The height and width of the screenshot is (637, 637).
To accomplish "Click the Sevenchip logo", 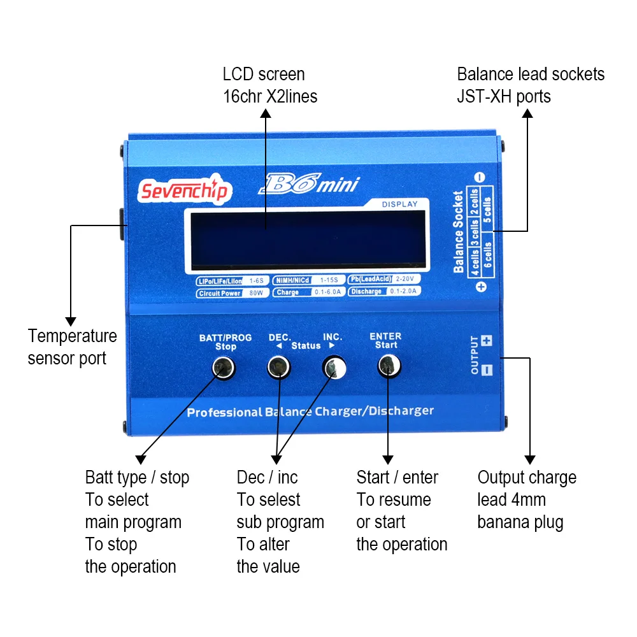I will (x=183, y=190).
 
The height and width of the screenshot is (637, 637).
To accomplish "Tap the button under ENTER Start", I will (x=388, y=366).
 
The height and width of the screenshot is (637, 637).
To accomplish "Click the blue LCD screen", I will (x=306, y=239).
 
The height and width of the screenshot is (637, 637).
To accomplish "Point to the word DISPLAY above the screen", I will (x=399, y=204).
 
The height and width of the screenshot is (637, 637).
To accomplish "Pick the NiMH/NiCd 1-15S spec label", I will (x=308, y=280).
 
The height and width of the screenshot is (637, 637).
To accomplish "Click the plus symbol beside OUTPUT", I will (x=487, y=341).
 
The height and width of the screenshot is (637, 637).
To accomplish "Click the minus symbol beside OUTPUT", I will (x=487, y=369).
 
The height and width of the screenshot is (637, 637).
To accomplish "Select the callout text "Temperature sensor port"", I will (x=72, y=347).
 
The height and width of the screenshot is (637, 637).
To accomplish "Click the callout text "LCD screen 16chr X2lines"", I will (x=269, y=85).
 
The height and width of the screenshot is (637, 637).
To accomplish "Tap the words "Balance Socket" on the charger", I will (x=459, y=232).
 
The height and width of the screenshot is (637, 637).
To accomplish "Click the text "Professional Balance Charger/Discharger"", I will (x=310, y=412).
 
